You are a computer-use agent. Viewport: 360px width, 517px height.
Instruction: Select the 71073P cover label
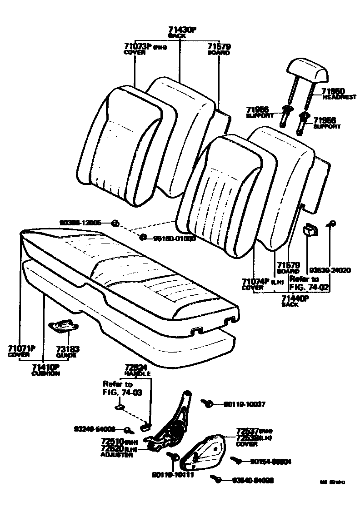(138, 46)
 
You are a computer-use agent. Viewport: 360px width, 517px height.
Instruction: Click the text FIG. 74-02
(309, 287)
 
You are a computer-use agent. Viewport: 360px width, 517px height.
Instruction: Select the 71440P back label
(295, 298)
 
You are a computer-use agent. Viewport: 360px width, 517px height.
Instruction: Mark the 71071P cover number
(21, 348)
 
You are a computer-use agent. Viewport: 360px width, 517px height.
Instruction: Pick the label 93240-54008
(95, 428)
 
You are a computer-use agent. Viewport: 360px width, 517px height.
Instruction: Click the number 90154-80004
(270, 462)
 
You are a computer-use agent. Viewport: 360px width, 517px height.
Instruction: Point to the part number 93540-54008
(252, 480)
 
